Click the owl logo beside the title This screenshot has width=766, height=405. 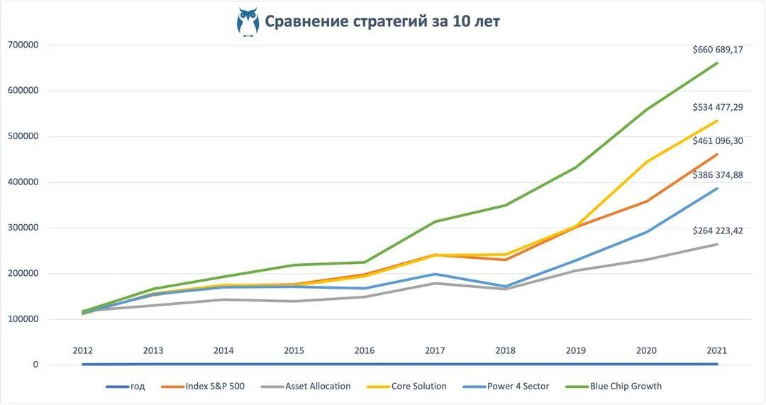[x=248, y=21]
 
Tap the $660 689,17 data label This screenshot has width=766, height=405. [x=718, y=50]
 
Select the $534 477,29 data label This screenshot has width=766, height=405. [x=718, y=107]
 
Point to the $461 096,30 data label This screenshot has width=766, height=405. [x=718, y=141]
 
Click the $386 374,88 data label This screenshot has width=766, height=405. [x=718, y=175]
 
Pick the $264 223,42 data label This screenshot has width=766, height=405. [x=718, y=231]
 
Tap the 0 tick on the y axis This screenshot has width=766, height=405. [x=34, y=365]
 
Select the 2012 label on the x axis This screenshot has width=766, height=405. [x=83, y=350]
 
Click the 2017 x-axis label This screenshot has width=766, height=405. [x=435, y=350]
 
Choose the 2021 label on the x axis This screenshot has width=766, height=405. [x=716, y=350]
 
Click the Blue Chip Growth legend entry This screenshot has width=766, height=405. [x=616, y=387]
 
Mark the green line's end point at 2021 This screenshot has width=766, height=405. [x=717, y=63]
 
